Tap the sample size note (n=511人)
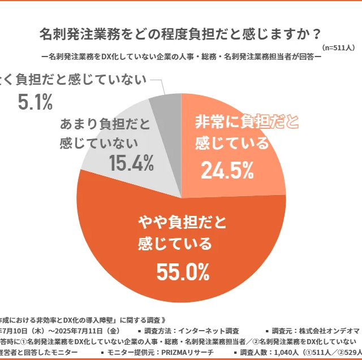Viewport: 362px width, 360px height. (338, 48)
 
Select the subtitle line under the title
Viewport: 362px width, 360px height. (180, 57)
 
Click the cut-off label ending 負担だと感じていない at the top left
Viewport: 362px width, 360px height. (74, 80)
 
